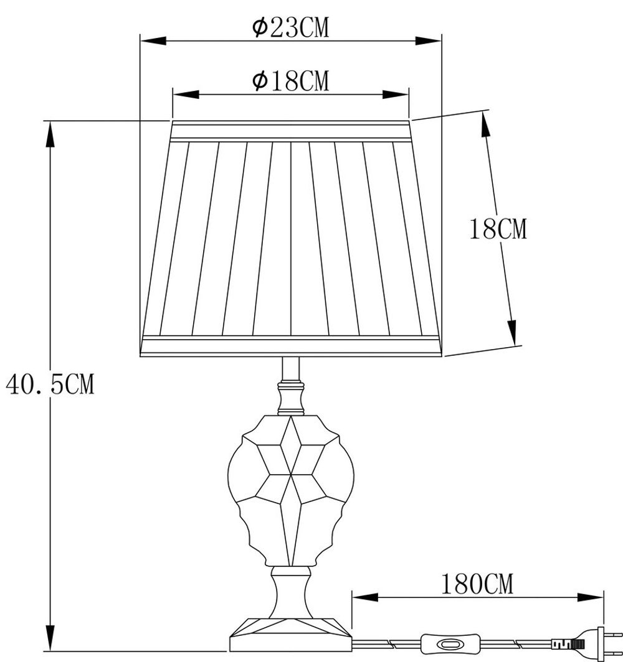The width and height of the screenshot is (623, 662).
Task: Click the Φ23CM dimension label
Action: click(x=290, y=28)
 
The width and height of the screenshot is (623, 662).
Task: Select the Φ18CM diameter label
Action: click(x=290, y=80)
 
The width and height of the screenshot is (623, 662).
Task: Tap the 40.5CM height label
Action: click(x=50, y=385)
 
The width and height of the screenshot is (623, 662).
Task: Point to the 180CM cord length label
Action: click(x=477, y=584)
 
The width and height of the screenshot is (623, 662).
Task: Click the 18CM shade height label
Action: click(x=498, y=230)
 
